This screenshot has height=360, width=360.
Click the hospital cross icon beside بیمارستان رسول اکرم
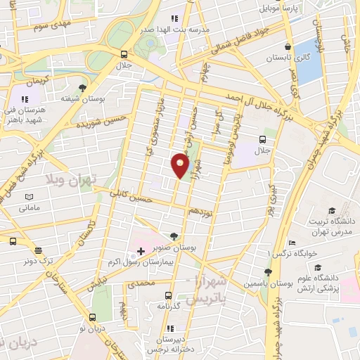(141, 251)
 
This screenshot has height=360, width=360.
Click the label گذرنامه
(167, 306)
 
